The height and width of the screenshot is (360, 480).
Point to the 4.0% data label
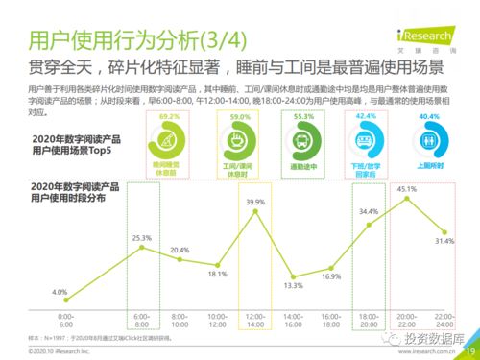60,291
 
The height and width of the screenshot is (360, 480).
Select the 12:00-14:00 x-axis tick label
255,320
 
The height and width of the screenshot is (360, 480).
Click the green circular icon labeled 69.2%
170,143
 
